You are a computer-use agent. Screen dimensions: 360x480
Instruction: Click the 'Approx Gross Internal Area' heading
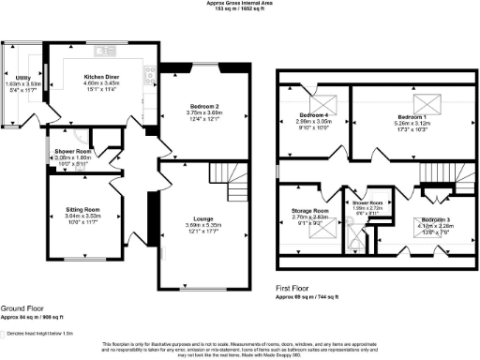coord(239,4)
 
